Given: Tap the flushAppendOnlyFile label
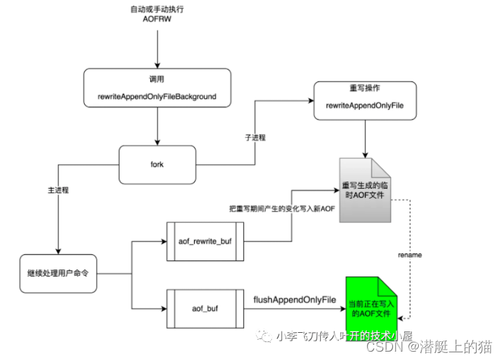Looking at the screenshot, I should pyautogui.click(x=295, y=299).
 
